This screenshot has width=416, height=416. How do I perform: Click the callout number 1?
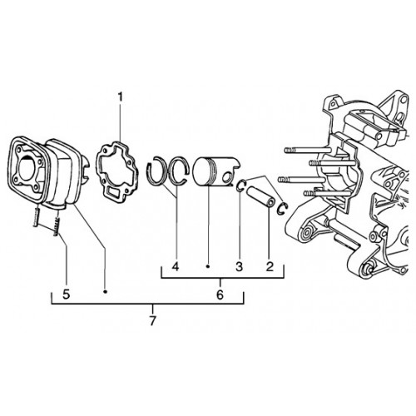pos(120,97)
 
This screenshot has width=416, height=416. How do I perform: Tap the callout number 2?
pos(270,266)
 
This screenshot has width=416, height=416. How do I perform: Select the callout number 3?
pos(239,266)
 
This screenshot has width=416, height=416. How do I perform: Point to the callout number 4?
pos(176,266)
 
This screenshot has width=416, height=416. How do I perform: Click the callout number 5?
pos(66,295)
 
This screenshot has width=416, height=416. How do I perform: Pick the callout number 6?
pos(220,295)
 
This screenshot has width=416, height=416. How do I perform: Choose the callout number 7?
pos(152,321)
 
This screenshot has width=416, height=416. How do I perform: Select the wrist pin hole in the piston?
pos(228,176)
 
